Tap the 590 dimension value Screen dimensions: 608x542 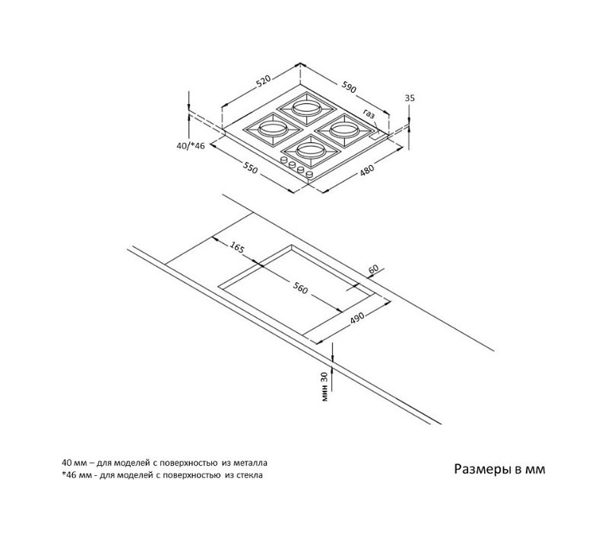click(349, 87)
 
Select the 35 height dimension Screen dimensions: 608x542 click(410, 98)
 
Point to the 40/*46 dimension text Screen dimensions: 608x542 click(191, 145)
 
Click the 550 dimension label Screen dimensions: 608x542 click(250, 167)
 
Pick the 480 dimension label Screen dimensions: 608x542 click(367, 170)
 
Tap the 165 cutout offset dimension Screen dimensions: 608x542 click(237, 247)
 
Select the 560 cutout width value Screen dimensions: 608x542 click(300, 287)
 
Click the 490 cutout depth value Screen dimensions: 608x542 click(357, 317)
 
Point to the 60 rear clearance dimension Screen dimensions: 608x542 click(373, 269)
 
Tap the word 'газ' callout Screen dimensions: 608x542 click(369, 114)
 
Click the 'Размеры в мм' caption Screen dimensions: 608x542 click(499, 470)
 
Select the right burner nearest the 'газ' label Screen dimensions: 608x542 click(344, 130)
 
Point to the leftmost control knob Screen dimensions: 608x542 click(283, 160)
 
